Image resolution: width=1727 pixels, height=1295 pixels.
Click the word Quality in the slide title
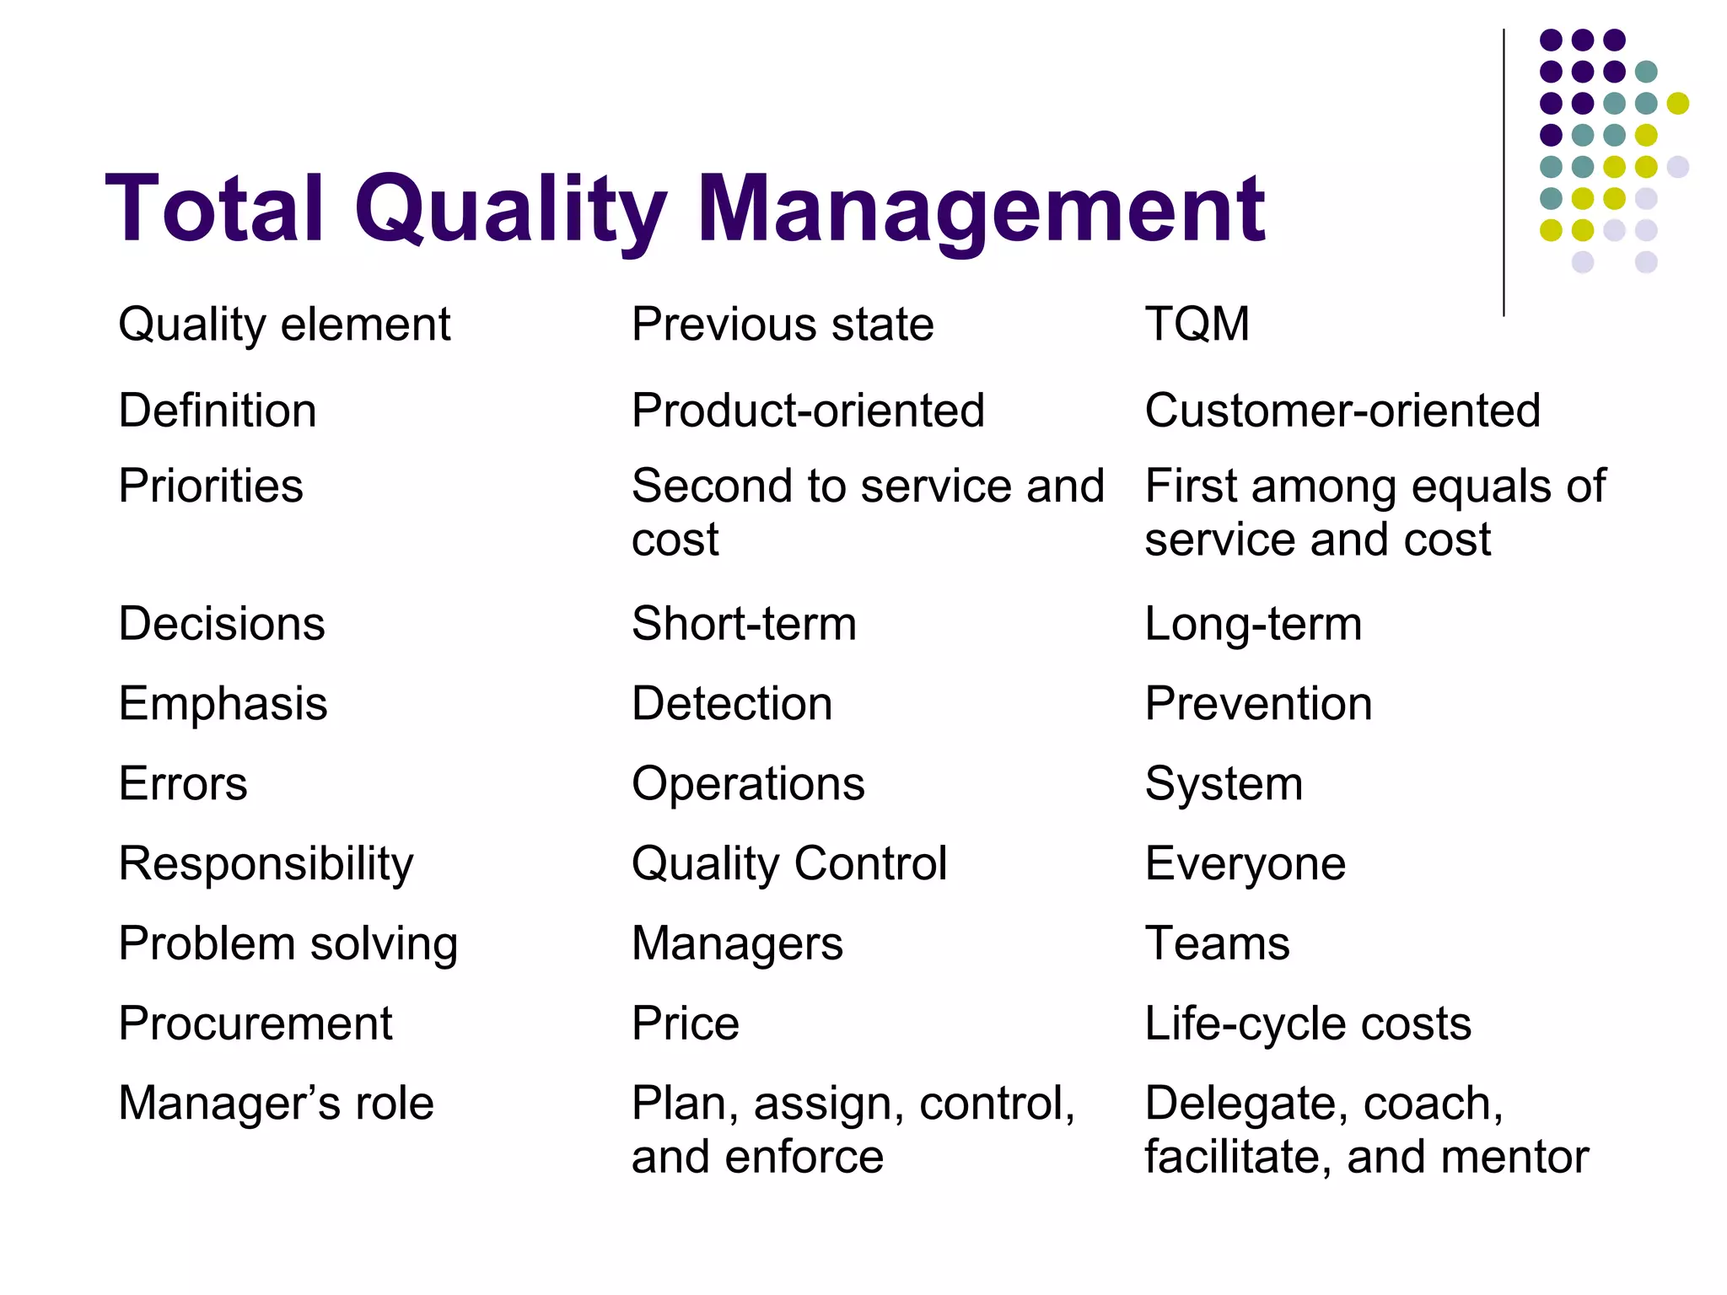[510, 209]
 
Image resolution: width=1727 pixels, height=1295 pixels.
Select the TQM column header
[1197, 324]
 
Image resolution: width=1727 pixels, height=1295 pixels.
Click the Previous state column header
[783, 324]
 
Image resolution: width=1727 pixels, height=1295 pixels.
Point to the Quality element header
[284, 325]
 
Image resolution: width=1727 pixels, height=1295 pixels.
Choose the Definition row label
[218, 411]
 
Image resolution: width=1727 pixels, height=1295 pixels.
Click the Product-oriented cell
[808, 411]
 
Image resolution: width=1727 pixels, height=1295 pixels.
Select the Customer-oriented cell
[1342, 411]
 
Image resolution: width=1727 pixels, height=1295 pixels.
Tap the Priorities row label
[211, 486]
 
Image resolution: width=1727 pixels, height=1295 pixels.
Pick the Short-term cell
[744, 624]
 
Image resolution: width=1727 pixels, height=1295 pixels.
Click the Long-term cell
[1253, 624]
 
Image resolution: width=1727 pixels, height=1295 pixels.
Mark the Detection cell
[732, 703]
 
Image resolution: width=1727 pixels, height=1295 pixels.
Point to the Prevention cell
[1258, 703]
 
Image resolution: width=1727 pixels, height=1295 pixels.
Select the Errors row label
[183, 783]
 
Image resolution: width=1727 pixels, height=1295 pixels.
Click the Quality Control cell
[789, 864]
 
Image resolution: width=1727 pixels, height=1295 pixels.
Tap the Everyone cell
[1245, 864]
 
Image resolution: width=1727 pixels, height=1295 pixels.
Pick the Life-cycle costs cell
[1307, 1024]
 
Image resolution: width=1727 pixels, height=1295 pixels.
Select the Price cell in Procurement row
[685, 1024]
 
